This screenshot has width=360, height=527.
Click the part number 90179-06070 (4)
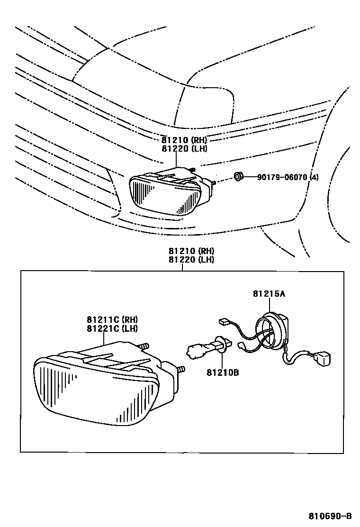(x=288, y=178)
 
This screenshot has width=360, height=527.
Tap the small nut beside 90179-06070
(x=238, y=177)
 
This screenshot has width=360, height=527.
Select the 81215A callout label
(x=269, y=294)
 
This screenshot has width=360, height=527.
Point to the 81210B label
(x=223, y=373)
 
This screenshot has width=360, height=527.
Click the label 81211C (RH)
(x=112, y=320)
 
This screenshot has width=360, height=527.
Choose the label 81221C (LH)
(x=112, y=328)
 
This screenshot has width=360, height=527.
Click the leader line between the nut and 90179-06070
(x=249, y=178)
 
